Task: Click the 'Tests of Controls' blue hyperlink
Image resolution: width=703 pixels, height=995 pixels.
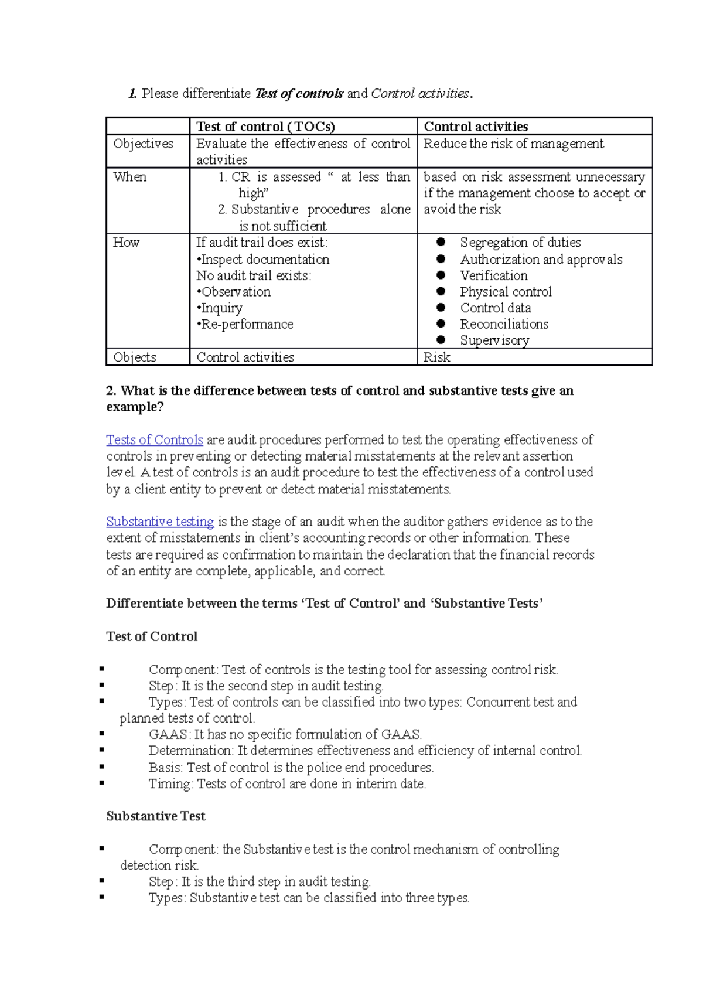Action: (155, 440)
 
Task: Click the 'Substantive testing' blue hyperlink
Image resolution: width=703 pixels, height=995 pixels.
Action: (160, 522)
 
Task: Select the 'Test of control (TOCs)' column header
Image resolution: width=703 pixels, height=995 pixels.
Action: (265, 127)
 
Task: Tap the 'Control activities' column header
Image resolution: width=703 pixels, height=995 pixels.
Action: (476, 127)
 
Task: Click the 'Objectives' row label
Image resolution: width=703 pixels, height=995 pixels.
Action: (143, 144)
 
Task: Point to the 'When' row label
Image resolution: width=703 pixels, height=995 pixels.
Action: (130, 177)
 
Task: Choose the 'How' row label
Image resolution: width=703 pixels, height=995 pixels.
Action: (126, 243)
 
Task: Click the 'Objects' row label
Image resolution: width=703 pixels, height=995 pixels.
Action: (135, 357)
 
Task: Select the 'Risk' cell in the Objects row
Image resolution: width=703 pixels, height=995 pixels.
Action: (437, 357)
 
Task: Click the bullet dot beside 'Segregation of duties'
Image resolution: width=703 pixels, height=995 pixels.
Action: (441, 242)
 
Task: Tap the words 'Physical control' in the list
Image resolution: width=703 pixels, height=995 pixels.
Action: (506, 292)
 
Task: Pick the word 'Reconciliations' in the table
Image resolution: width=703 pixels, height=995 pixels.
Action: (504, 324)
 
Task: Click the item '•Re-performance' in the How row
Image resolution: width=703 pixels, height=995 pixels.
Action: (245, 324)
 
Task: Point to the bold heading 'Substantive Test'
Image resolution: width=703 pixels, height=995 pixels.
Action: (156, 816)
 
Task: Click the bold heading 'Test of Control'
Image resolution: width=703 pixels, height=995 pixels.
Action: (152, 636)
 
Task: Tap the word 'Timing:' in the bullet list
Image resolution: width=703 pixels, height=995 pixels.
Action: (170, 784)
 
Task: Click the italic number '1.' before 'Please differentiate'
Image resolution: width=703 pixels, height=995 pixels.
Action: (132, 94)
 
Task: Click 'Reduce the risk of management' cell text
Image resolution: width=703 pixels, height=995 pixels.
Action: (513, 144)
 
